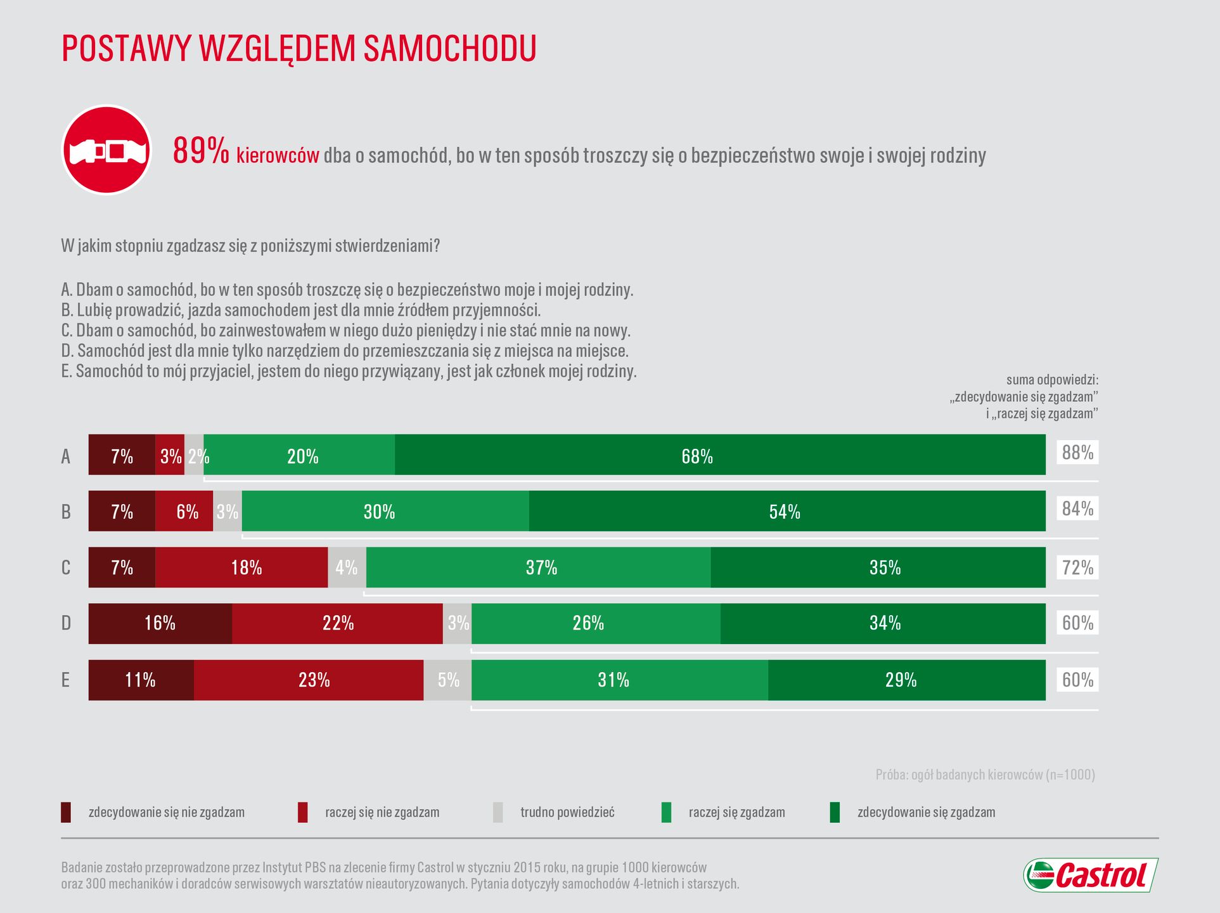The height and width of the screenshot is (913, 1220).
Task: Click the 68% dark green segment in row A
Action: click(720, 455)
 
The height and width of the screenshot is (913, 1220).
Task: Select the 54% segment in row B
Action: click(787, 511)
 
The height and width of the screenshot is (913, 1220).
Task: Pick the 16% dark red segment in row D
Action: click(160, 623)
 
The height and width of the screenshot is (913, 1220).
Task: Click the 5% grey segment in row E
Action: click(447, 680)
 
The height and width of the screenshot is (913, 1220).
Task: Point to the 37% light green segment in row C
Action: click(539, 567)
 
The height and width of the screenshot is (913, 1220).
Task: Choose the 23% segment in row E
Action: click(309, 680)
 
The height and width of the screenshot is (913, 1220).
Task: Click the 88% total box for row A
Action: click(1077, 453)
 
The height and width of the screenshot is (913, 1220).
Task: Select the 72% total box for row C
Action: click(1077, 567)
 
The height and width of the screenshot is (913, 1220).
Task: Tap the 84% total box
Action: click(1077, 508)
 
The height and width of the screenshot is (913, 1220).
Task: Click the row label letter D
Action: click(66, 623)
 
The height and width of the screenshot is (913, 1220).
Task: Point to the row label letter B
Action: click(66, 512)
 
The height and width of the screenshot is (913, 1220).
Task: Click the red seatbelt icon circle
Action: click(106, 150)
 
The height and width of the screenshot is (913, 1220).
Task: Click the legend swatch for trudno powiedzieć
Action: click(498, 812)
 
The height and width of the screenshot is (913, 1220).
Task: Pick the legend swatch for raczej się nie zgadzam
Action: click(303, 812)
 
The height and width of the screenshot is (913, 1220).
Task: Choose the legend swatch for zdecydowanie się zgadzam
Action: click(835, 812)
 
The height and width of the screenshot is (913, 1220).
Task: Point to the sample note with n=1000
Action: click(985, 774)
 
